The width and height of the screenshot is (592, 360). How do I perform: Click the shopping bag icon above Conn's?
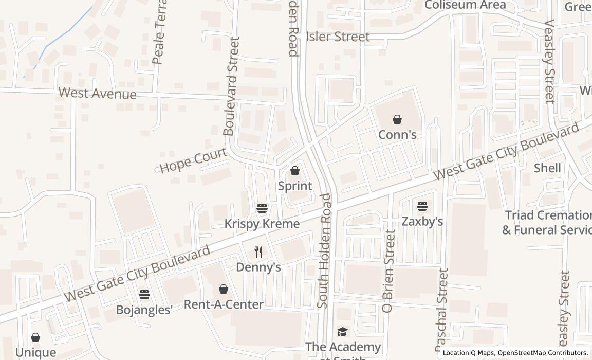[397, 120]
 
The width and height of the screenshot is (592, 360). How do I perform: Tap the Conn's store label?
[397, 135]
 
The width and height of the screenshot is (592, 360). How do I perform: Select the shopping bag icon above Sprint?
[295, 171]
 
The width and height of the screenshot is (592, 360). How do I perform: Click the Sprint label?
[295, 186]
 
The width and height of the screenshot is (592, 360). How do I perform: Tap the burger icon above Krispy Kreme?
[262, 208]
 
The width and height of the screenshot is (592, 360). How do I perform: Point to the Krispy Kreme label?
[262, 224]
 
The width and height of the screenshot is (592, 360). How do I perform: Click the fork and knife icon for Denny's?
[258, 252]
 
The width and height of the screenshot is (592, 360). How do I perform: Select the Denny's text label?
[258, 267]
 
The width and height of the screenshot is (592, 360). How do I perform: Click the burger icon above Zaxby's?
[422, 206]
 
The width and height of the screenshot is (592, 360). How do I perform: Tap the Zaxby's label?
[422, 222]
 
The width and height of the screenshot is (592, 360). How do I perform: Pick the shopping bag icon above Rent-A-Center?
[224, 289]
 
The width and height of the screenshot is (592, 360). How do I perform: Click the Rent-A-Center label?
[224, 304]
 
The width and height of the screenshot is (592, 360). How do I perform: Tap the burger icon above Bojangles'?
[144, 295]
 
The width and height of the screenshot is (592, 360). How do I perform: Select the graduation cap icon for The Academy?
[343, 332]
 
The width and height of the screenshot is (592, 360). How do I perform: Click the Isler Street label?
[338, 37]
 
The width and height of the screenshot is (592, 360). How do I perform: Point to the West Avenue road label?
[98, 94]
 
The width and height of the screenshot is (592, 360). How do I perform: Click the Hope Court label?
[193, 160]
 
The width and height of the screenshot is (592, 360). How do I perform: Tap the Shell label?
[547, 168]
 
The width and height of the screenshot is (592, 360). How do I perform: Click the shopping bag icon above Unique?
[35, 337]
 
